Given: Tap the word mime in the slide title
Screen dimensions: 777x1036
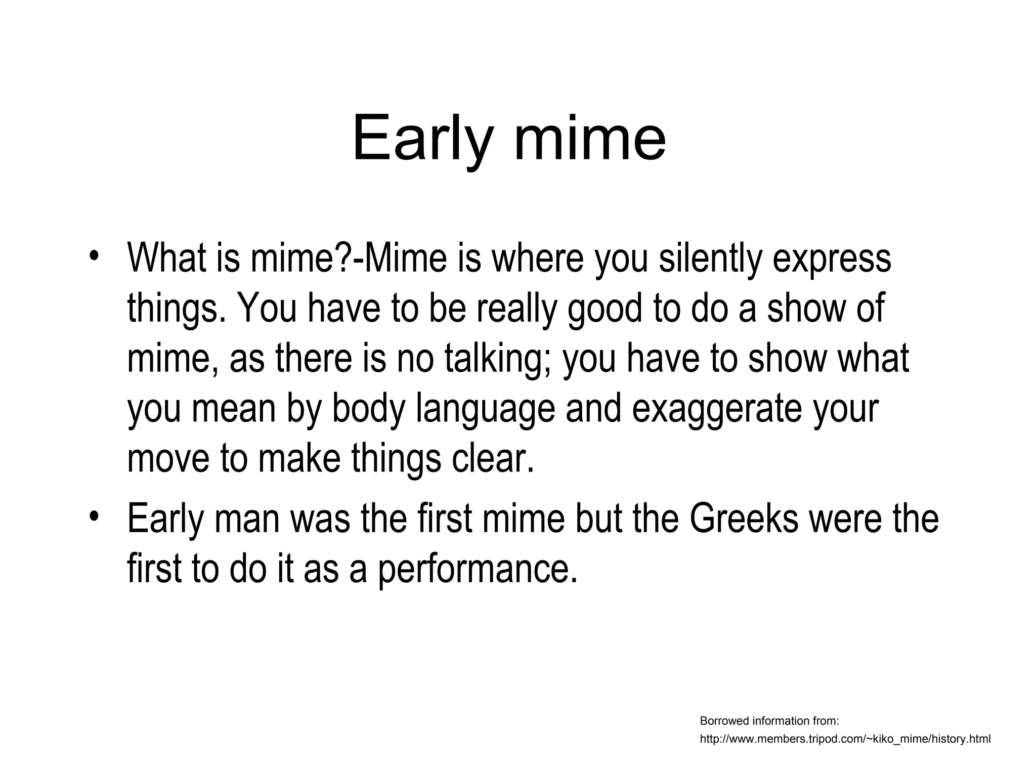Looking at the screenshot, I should (x=590, y=138).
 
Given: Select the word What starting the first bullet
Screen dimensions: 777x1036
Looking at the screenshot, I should (x=166, y=258).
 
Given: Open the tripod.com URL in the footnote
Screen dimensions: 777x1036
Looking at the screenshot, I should (x=845, y=739).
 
